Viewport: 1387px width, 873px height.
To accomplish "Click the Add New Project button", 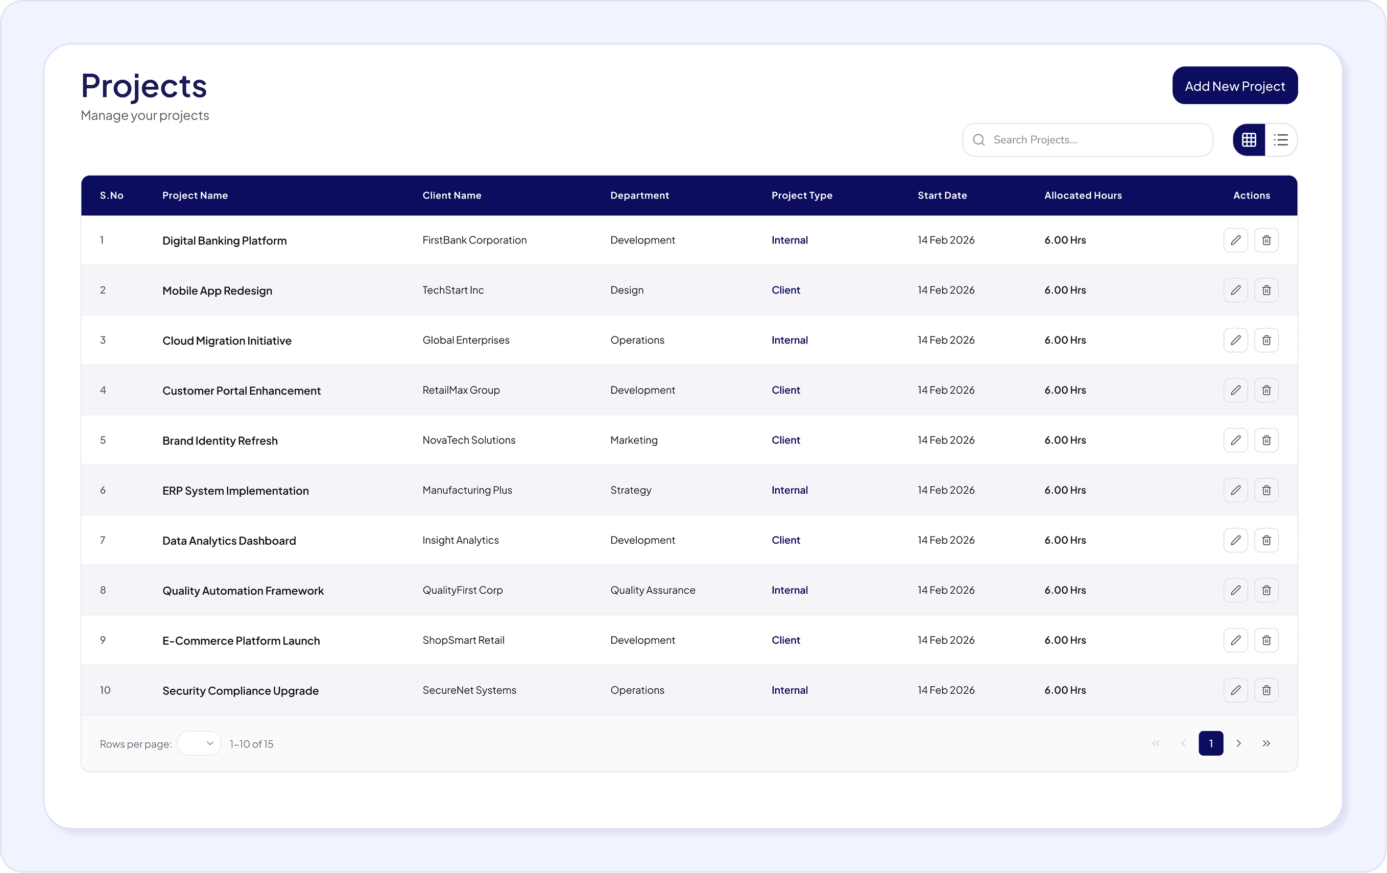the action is pos(1235,85).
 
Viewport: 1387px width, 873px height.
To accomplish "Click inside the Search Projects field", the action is pos(1087,140).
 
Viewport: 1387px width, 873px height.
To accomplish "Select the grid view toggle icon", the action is pos(1249,140).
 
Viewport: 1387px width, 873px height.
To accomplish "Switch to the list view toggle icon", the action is pos(1281,140).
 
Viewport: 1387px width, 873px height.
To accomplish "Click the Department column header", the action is pos(639,195).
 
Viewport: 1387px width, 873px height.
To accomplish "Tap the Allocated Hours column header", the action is pos(1083,195).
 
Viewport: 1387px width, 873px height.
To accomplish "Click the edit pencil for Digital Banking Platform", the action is pos(1235,240).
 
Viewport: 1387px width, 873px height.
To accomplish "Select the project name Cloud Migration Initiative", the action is pos(227,341).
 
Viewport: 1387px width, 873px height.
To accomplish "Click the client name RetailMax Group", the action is pos(461,390).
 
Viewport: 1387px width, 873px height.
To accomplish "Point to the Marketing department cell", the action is pos(634,440).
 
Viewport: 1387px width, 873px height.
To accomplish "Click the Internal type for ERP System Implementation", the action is pos(790,490).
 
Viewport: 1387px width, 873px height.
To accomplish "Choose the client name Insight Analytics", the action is pos(460,540).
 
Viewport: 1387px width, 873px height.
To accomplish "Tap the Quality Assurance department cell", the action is pos(653,590).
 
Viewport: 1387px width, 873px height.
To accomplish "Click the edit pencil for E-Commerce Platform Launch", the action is pos(1235,640).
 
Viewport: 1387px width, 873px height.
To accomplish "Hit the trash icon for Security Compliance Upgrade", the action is pos(1266,690).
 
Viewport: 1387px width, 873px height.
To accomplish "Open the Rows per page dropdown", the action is pos(199,743).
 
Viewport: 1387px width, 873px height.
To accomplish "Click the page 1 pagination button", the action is pos(1211,743).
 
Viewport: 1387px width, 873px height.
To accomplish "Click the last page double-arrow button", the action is pos(1266,743).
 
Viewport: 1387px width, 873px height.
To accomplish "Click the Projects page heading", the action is pos(144,86).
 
